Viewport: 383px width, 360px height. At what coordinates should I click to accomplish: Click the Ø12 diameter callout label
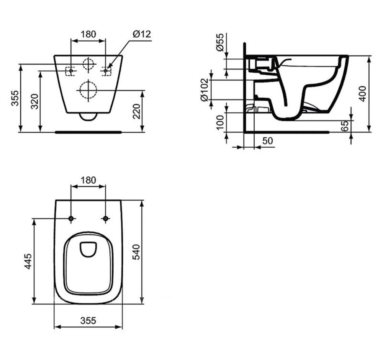click(142, 34)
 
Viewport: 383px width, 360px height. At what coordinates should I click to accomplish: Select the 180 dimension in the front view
click(88, 34)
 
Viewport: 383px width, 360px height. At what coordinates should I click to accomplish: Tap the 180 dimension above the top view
click(88, 180)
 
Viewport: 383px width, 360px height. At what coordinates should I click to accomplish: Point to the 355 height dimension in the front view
click(15, 98)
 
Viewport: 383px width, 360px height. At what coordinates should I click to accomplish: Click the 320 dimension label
click(34, 101)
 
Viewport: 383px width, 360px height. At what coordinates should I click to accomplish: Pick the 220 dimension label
click(136, 111)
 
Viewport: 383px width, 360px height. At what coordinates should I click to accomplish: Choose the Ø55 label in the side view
click(220, 42)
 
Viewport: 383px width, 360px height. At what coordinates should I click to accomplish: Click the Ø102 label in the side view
click(204, 90)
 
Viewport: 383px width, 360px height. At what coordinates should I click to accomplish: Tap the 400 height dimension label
click(363, 93)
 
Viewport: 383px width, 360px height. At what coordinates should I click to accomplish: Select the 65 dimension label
click(345, 126)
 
